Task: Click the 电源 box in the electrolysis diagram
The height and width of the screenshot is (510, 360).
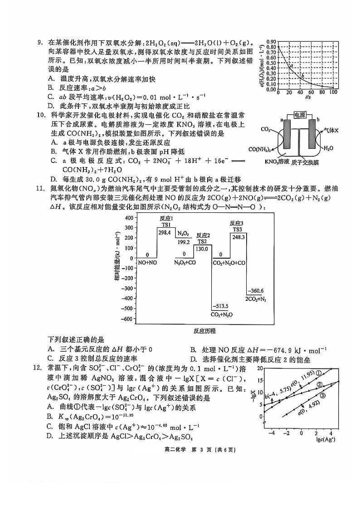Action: tap(299, 115)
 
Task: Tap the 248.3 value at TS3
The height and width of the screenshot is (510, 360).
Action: tap(238, 236)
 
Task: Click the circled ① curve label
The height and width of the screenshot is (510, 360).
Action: tap(319, 373)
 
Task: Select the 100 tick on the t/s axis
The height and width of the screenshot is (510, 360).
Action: tap(333, 92)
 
